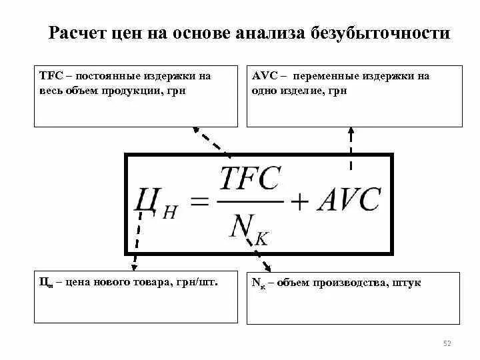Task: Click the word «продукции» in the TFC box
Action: pyautogui.click(x=127, y=90)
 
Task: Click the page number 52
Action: pyautogui.click(x=447, y=343)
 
